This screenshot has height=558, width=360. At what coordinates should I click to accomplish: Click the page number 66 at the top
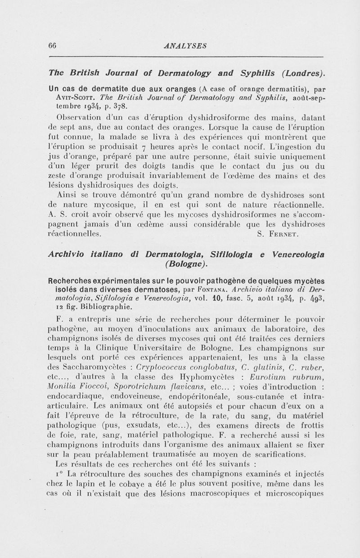coord(51,45)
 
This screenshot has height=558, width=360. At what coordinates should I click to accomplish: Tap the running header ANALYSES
coord(186,45)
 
